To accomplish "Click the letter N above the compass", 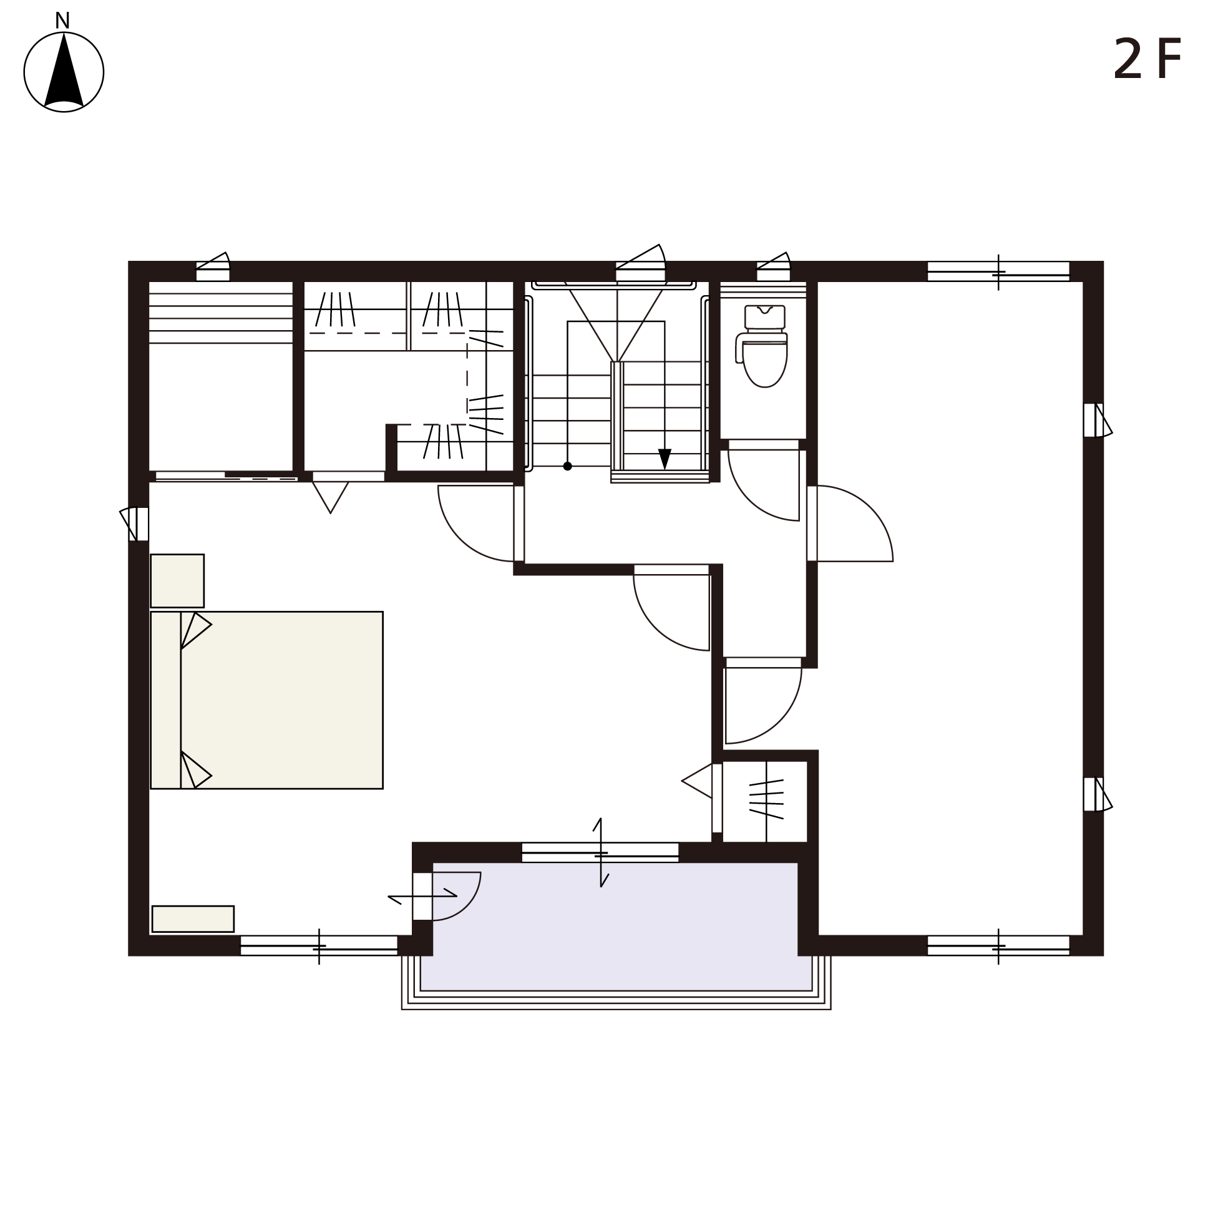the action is [x=62, y=21].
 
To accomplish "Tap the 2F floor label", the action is [x=1147, y=59].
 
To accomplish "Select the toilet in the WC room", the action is [x=762, y=347].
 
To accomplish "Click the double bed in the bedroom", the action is [x=266, y=699].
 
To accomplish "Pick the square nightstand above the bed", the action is [x=177, y=581].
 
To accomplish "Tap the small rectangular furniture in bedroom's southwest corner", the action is [x=193, y=918].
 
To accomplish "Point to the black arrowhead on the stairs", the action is [x=665, y=459].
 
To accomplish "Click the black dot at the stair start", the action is [x=567, y=467].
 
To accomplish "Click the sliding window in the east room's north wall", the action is [x=998, y=271].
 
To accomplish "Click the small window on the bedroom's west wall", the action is [x=135, y=524].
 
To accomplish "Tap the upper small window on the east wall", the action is [x=1097, y=420].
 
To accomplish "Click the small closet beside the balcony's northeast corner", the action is [x=765, y=801].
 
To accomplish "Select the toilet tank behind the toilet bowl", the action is [x=765, y=317].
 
